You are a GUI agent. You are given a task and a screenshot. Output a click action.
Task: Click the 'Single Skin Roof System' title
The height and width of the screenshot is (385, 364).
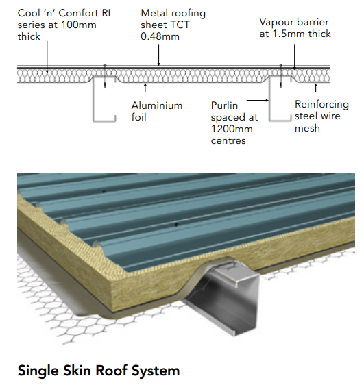click(x=99, y=371)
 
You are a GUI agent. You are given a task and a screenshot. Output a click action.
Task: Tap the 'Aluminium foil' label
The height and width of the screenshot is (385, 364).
click(x=157, y=111)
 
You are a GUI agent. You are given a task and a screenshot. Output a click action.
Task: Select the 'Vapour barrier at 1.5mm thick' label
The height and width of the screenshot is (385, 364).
click(x=295, y=28)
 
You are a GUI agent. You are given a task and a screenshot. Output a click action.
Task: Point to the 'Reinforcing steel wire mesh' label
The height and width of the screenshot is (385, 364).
click(x=321, y=116)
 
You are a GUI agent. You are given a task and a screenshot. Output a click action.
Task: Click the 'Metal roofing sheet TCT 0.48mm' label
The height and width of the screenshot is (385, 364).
click(x=173, y=25)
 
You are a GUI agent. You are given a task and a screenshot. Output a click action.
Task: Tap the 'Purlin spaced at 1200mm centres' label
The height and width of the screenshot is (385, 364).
click(x=234, y=123)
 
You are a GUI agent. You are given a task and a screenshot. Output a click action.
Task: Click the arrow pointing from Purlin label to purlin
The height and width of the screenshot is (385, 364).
click(x=258, y=100)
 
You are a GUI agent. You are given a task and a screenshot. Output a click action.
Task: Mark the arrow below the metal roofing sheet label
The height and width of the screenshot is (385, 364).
click(x=158, y=55)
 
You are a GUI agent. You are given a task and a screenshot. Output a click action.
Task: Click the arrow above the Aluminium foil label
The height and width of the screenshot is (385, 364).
click(x=145, y=88)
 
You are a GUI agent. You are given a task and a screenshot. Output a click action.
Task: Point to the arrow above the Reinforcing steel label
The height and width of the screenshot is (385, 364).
click(x=316, y=88)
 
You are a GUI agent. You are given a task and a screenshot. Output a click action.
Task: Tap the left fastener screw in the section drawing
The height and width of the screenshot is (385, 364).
click(x=105, y=76)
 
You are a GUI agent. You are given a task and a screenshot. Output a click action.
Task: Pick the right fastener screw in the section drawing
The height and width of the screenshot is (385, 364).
click(x=281, y=76)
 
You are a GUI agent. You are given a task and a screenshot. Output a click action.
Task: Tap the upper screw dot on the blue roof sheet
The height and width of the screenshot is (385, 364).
click(x=104, y=191)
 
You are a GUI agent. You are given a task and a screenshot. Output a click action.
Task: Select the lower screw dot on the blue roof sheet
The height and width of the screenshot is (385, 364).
click(x=176, y=225)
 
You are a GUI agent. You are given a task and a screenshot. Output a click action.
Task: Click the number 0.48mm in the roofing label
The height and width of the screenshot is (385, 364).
click(x=160, y=36)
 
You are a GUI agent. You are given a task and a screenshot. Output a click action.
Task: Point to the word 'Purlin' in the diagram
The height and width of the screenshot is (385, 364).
click(x=224, y=105)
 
